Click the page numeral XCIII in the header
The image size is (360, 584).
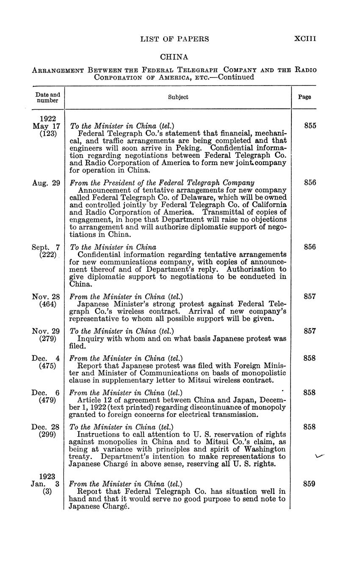[305, 39]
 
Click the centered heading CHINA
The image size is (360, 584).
[174, 57]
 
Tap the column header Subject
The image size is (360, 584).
[178, 97]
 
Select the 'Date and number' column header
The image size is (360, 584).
[47, 97]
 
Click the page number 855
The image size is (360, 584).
[310, 126]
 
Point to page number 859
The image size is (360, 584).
[310, 484]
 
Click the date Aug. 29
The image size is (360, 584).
[46, 183]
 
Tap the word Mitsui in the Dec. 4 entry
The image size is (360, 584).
[220, 380]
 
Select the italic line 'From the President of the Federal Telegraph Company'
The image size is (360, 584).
[162, 183]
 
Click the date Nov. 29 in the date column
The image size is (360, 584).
[46, 331]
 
